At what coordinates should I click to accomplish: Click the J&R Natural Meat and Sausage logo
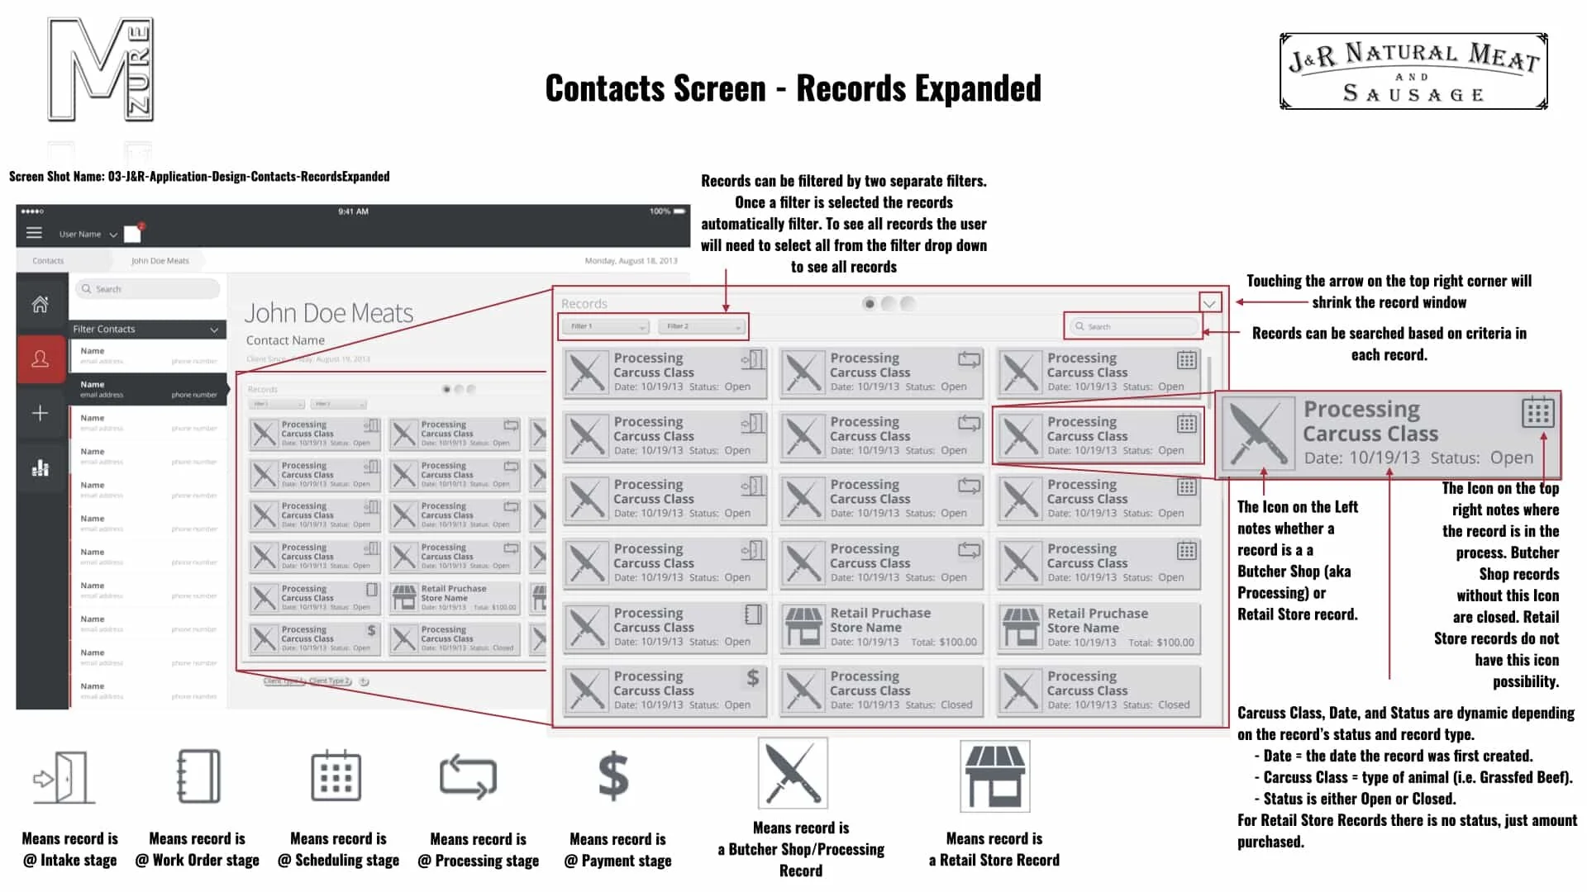(1413, 72)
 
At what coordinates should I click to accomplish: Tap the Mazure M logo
(101, 70)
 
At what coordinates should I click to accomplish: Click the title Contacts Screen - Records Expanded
(793, 88)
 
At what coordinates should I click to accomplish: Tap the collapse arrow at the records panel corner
(1209, 303)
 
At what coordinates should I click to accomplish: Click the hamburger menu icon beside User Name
(34, 234)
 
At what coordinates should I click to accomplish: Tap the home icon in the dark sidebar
(40, 305)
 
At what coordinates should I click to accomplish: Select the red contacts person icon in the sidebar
(40, 359)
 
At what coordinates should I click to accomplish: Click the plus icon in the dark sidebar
(40, 413)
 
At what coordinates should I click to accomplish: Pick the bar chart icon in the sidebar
(40, 468)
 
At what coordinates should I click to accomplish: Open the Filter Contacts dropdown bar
(146, 330)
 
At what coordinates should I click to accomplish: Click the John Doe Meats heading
(329, 313)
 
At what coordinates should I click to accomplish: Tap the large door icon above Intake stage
(64, 777)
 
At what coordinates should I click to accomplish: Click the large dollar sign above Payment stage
(613, 776)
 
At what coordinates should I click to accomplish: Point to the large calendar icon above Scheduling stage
(336, 776)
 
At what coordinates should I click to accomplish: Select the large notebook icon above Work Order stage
(198, 776)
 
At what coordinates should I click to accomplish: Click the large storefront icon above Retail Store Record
(994, 776)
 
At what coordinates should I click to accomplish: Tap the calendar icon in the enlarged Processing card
(1537, 412)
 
